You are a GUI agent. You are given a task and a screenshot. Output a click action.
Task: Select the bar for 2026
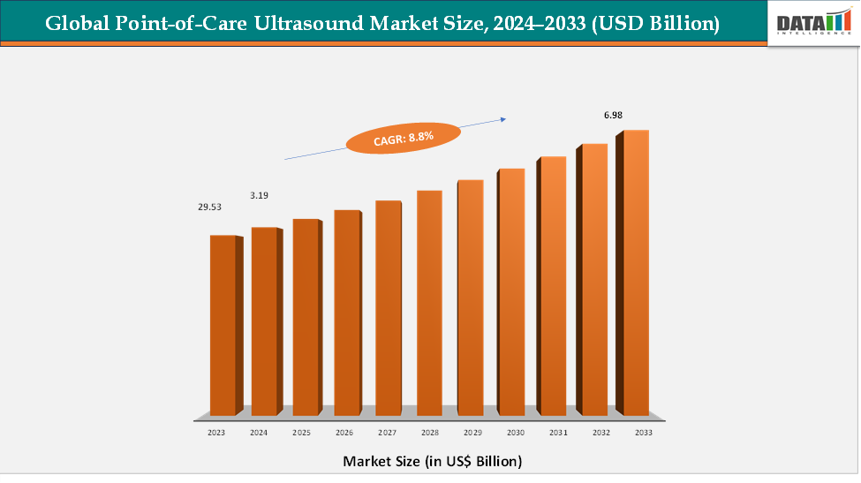click(x=347, y=313)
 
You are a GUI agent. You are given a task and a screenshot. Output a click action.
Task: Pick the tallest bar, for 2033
click(x=636, y=273)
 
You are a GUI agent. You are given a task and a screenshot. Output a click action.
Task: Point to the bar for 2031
click(x=553, y=286)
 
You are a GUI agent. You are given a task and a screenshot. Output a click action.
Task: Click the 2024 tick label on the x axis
click(x=259, y=434)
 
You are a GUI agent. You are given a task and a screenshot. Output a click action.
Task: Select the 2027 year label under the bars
click(x=386, y=434)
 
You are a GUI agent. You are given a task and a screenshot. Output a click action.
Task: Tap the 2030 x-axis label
click(x=516, y=434)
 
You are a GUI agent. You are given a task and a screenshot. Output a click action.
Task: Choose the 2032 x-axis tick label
click(x=600, y=434)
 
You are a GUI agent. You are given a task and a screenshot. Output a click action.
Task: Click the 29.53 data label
click(x=209, y=207)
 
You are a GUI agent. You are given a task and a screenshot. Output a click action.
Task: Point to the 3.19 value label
click(x=259, y=194)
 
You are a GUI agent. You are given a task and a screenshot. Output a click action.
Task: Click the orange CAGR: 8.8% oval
click(x=403, y=139)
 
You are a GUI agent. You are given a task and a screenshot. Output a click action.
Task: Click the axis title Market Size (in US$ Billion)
click(x=432, y=461)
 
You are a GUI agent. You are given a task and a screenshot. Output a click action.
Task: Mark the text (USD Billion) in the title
click(x=661, y=25)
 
